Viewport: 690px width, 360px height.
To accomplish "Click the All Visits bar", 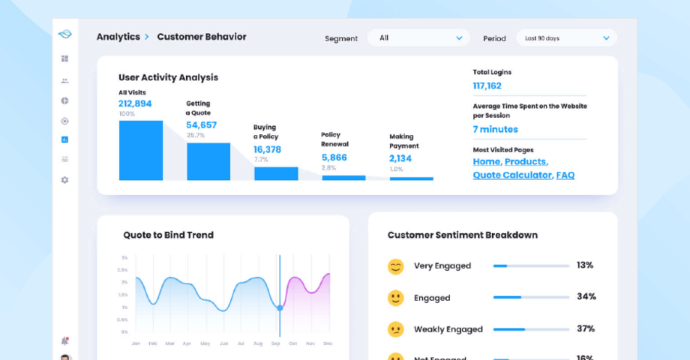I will coord(140,150).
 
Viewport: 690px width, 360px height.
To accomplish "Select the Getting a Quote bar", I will coord(208,161).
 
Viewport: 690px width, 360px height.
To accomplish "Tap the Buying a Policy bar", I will coord(275,173).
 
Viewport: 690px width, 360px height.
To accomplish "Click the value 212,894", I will coord(135,103).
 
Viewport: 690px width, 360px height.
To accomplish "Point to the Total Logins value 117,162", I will coord(487,85).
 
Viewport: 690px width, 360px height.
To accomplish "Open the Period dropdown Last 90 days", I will coord(566,37).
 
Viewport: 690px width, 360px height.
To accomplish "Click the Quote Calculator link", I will coord(512,175).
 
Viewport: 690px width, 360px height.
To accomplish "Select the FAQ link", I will coord(565,175).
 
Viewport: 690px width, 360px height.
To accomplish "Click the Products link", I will coord(526,161).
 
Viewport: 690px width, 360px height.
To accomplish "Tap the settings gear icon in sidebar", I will coord(64,180).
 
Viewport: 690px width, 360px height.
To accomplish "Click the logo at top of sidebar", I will coord(64,34).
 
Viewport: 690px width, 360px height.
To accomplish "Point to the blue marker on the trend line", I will coord(280,307).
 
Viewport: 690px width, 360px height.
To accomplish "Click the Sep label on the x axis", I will coord(275,343).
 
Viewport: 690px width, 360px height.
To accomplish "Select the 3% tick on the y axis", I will coord(124,257).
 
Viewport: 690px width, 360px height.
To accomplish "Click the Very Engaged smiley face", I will coord(395,266).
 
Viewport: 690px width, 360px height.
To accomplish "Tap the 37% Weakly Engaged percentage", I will coord(586,328).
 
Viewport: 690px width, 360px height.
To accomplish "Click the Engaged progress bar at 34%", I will coord(531,297).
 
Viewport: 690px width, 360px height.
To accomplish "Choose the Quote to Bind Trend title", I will coord(168,235).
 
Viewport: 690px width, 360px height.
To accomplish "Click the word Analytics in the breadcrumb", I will coord(118,37).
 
